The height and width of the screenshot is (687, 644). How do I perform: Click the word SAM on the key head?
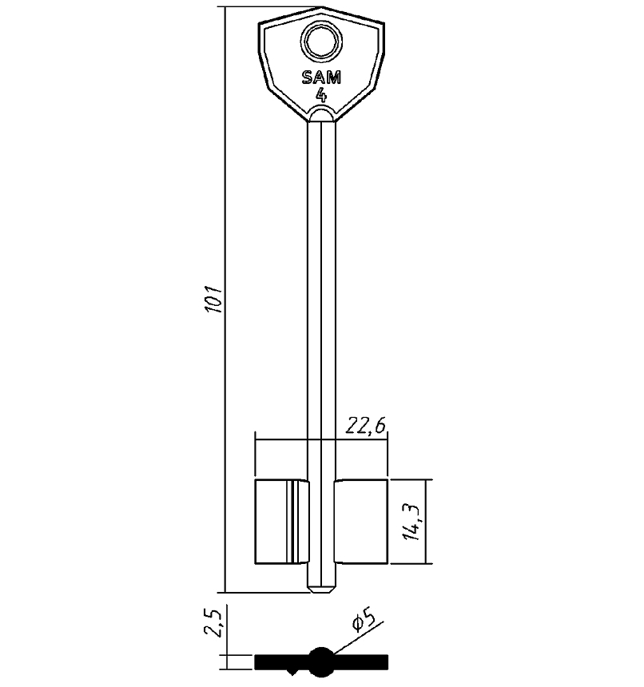[x=320, y=77]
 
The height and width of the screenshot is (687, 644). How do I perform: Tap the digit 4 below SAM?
[x=321, y=94]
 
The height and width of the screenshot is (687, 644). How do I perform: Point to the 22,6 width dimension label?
[x=366, y=427]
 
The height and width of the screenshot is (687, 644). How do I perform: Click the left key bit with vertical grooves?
[x=280, y=522]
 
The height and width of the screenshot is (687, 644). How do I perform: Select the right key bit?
[x=360, y=522]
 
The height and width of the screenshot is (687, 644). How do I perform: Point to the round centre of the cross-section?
[x=321, y=661]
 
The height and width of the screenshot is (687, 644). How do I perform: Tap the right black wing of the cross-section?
[x=364, y=661]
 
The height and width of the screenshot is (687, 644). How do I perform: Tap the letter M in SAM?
[x=334, y=77]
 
